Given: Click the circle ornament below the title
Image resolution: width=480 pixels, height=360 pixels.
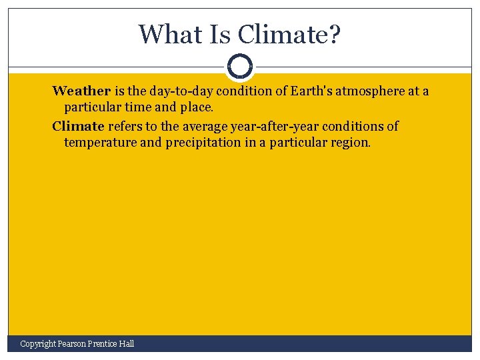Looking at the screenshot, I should [240, 67].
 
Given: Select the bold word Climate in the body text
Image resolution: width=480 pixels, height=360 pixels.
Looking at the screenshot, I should [79, 126].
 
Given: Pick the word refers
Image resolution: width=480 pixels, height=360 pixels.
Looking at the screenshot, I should [125, 126].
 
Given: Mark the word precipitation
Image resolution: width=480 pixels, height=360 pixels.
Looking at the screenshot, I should [199, 142].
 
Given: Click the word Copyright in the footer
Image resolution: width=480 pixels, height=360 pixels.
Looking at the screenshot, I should [37, 343].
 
